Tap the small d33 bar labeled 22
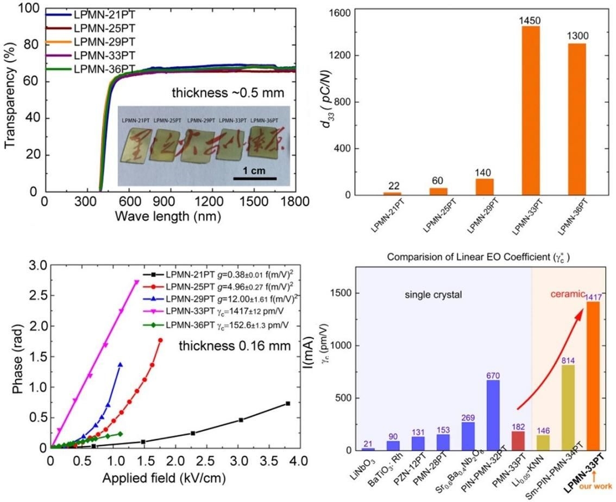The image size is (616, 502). point(392,194)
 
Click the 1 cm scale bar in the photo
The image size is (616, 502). point(255,177)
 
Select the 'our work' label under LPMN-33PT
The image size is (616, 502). point(600,486)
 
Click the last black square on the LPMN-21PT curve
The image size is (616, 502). point(288,403)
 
